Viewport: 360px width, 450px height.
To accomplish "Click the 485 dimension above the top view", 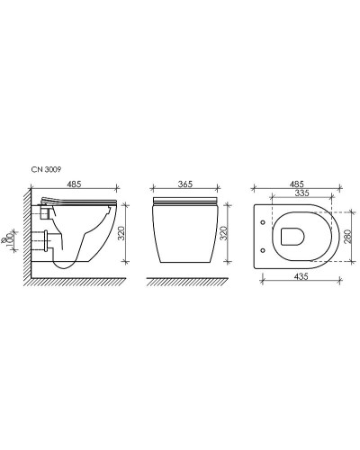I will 297,184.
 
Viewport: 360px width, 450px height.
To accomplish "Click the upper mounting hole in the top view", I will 262,222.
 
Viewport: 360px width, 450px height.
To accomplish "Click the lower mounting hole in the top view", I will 262,249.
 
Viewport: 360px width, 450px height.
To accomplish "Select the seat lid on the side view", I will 81,198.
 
